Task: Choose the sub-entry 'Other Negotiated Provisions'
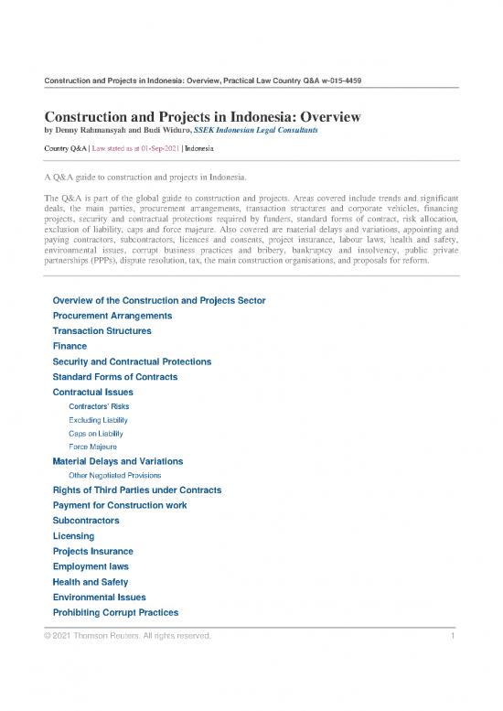click(x=115, y=476)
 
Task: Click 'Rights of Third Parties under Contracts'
click(x=136, y=490)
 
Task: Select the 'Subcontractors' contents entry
click(x=86, y=521)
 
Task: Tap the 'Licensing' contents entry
click(x=73, y=535)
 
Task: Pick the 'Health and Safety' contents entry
click(x=91, y=582)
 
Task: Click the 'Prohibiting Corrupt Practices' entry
click(x=115, y=612)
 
